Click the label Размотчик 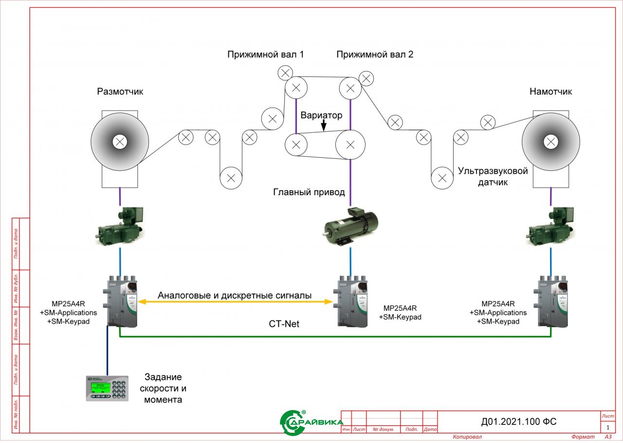coord(120,92)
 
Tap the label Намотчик coord(550,92)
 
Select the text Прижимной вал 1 coord(265,55)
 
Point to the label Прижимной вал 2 coord(375,55)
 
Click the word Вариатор coord(321,115)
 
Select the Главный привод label coord(309,192)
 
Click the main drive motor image coord(350,226)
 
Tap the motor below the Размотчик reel coord(120,226)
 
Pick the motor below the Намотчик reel coord(550,226)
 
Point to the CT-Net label coord(284,324)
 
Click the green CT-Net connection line coord(335,337)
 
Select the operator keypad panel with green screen coord(107,388)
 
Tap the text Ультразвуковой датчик coord(493,176)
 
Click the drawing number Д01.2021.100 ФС coord(519,422)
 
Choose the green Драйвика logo coord(311,423)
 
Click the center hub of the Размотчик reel coord(120,142)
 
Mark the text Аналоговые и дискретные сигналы coord(235,295)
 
